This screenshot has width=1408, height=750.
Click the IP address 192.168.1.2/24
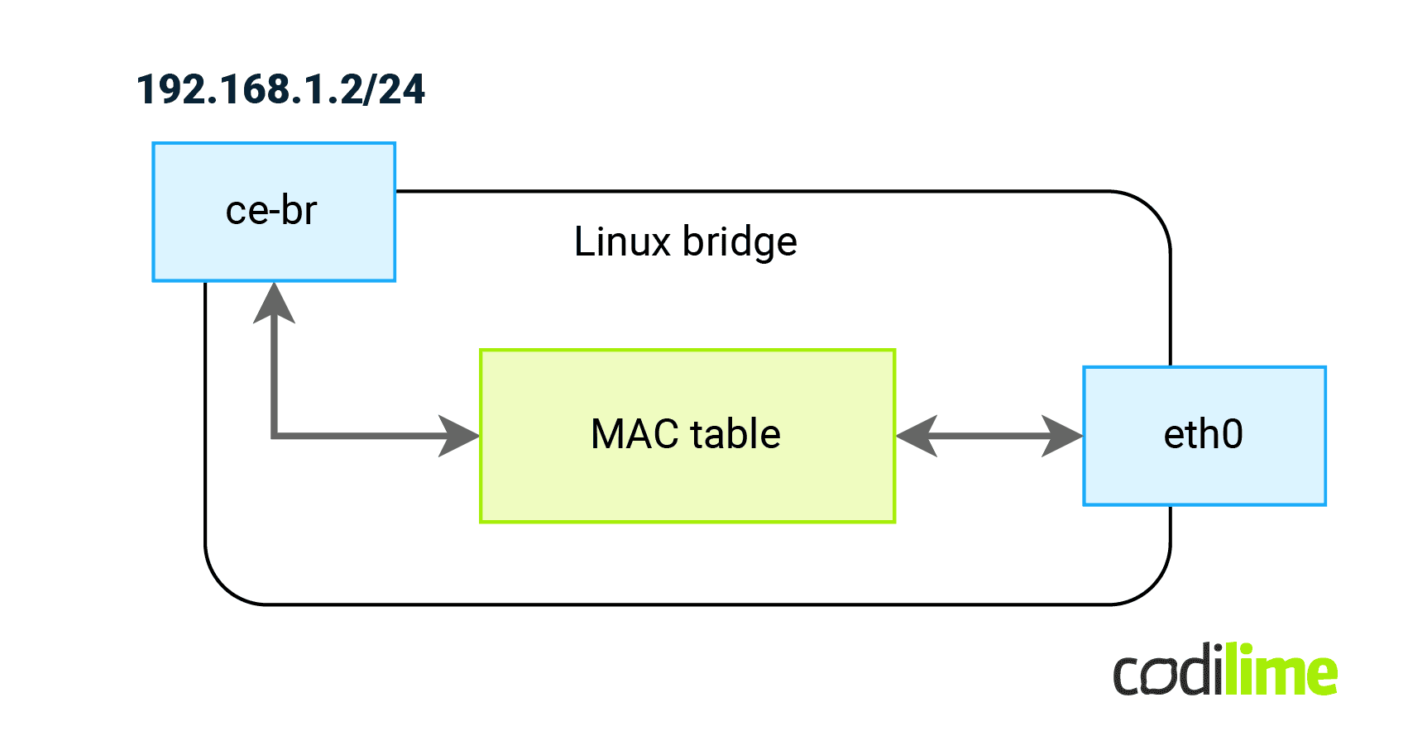coord(280,89)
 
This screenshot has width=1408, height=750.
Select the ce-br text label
coord(271,210)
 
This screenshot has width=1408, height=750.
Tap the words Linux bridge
coord(685,242)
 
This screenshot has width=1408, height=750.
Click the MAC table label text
coord(686,434)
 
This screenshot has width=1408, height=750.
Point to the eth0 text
coord(1203,434)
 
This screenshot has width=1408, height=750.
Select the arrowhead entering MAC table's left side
coord(460,436)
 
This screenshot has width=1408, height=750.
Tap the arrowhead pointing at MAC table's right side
coord(917,436)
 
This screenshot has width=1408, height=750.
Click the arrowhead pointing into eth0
coord(1062,436)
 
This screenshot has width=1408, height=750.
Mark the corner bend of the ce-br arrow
coord(275,435)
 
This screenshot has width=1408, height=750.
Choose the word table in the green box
coord(735,434)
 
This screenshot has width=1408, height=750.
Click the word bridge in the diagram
coord(740,242)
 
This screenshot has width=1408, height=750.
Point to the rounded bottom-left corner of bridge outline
coord(223,586)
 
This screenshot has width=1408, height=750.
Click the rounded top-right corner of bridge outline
coord(1152,210)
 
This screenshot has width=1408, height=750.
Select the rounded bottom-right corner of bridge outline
coord(1152,586)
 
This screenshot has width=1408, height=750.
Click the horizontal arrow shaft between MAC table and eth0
coord(989,436)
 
